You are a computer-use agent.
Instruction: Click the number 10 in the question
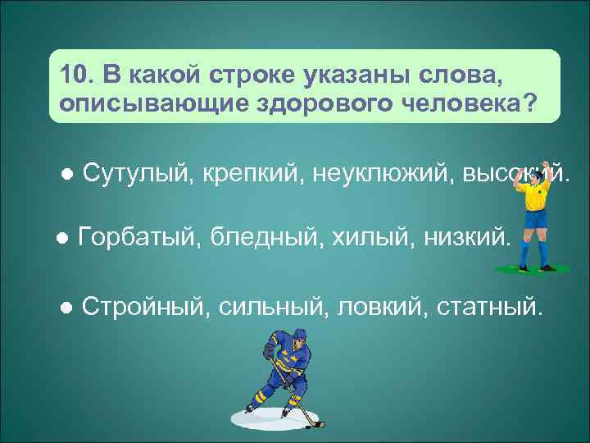pos(74,75)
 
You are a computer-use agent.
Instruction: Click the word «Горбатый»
pos(137,238)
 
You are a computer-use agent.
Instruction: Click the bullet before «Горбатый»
pos(61,239)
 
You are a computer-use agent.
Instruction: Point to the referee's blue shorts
pos(534,219)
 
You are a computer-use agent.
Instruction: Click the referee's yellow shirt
pos(534,195)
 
